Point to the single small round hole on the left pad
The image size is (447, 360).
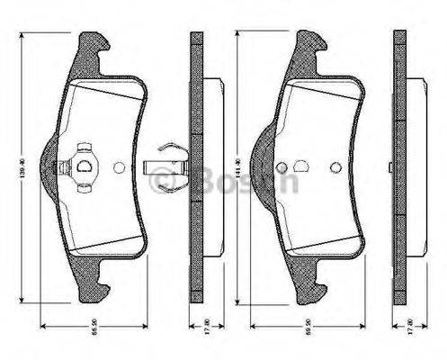click(121, 166)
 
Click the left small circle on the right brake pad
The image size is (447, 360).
click(282, 167)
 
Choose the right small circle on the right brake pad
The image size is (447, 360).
click(335, 167)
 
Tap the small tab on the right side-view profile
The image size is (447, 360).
click(390, 167)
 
